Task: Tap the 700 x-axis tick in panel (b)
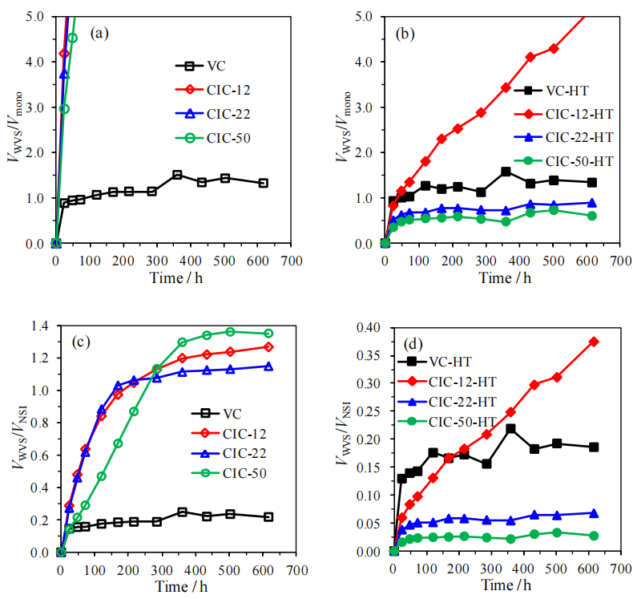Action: coord(621,261)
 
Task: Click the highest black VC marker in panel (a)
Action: coord(177,175)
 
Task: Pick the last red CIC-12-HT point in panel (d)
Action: coord(594,342)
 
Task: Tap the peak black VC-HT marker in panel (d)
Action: coord(510,429)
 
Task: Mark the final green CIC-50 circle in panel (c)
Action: coord(268,334)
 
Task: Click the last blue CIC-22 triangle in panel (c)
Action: coord(268,366)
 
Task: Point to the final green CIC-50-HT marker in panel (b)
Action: coord(592,216)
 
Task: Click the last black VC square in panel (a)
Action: coord(263,183)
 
